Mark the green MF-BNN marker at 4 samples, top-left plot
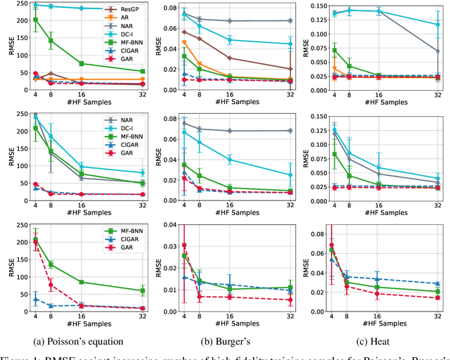tap(36, 20)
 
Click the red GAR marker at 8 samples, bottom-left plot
tap(51, 285)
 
